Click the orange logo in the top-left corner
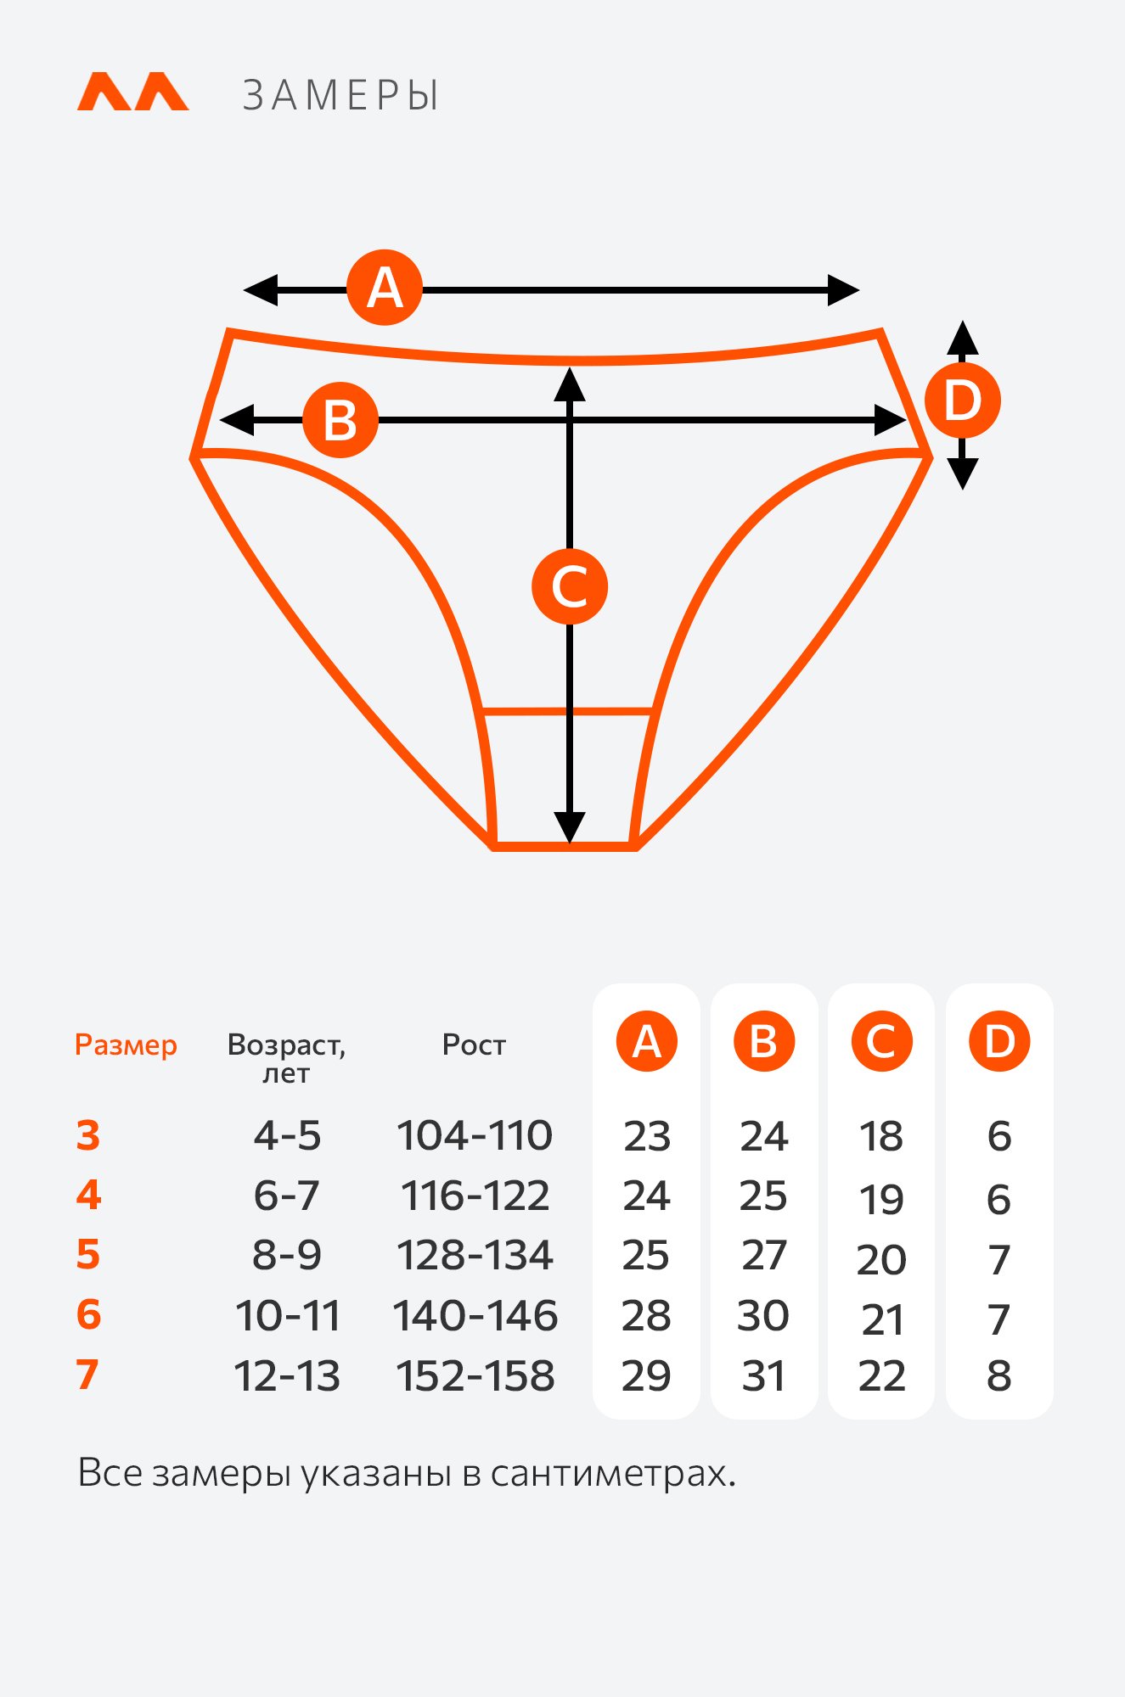133,92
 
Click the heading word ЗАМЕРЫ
341,95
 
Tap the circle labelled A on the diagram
385,288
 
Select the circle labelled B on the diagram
340,420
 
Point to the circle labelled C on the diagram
570,586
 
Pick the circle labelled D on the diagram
962,400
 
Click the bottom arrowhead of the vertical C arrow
570,827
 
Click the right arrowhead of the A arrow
843,290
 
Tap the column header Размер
126,1045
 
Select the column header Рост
474,1045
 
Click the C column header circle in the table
881,1041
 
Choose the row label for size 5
88,1255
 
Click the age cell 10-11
288,1315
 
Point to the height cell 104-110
475,1135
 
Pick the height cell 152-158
475,1375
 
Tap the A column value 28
646,1315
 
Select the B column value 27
764,1255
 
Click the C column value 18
881,1135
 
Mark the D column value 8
999,1375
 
